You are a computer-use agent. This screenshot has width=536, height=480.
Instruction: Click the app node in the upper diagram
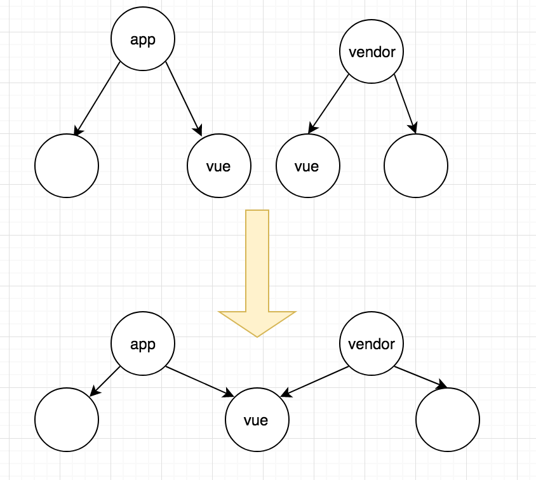(143, 39)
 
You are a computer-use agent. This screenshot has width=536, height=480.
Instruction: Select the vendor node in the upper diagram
(372, 52)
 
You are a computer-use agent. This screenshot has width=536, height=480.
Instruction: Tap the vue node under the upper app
(218, 166)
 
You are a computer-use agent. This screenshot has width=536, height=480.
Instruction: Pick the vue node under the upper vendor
(307, 166)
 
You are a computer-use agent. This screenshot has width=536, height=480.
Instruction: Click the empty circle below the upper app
(67, 166)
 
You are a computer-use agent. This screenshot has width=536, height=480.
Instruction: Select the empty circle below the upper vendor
(416, 166)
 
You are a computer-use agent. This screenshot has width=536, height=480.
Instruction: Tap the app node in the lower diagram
(143, 344)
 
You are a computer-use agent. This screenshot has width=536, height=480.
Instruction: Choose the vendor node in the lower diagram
(372, 344)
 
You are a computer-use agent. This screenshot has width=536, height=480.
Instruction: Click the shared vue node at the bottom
(257, 420)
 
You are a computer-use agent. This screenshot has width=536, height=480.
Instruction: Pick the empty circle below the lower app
(67, 420)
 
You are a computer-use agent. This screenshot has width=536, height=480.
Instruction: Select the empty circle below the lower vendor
(448, 420)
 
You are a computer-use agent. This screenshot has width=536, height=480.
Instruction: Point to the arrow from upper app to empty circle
(97, 98)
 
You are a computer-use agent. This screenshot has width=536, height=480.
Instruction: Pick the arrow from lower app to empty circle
(105, 382)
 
